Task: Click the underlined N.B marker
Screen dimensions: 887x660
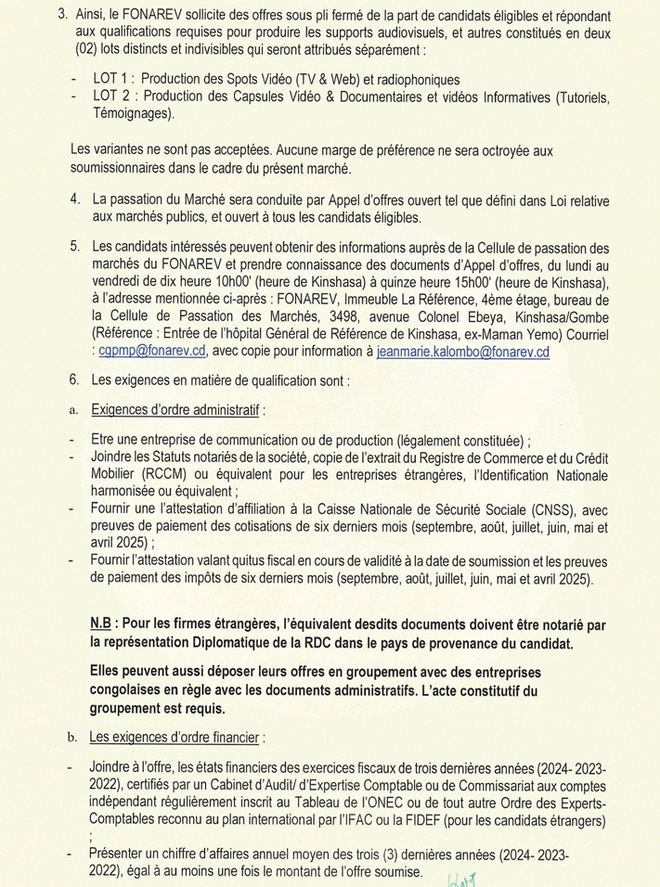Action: coord(103,618)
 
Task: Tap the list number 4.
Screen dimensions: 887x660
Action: coord(74,199)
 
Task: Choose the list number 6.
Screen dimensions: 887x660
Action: coord(74,380)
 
